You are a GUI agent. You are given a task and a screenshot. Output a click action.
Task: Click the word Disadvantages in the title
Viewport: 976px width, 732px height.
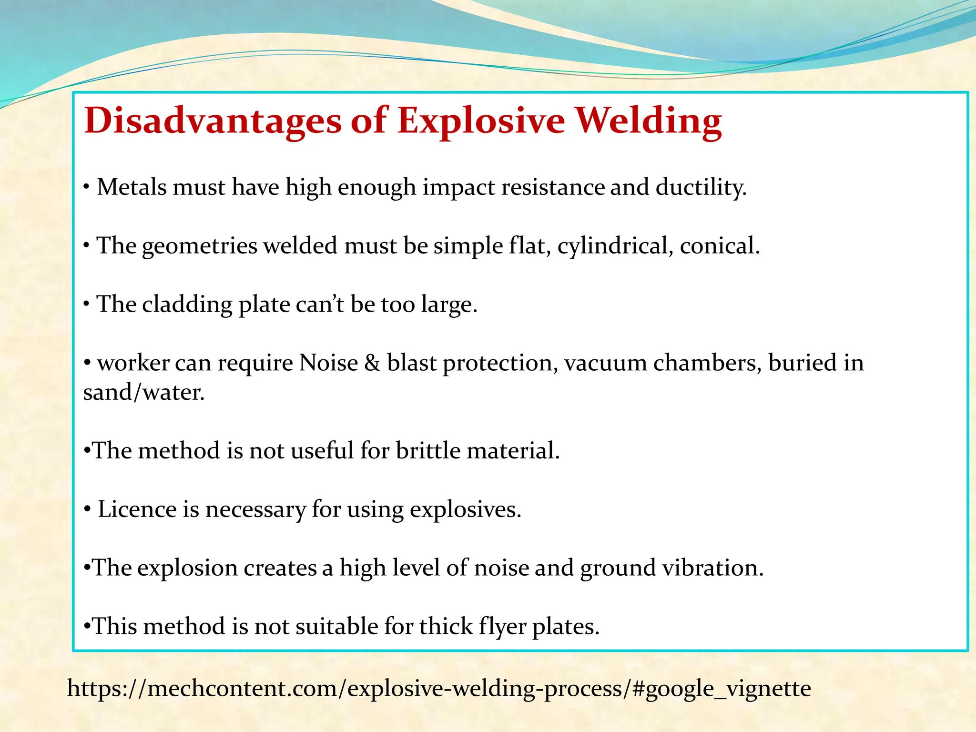point(213,121)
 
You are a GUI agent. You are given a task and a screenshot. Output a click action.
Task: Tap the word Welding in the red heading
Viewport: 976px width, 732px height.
point(649,121)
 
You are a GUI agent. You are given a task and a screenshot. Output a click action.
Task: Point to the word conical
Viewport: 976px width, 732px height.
point(719,246)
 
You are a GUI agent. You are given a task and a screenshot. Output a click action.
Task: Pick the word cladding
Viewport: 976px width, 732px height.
point(187,305)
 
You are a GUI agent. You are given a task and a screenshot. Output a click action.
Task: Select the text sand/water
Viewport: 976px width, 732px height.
point(143,392)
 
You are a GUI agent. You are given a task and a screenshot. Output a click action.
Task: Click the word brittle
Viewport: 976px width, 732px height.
point(427,450)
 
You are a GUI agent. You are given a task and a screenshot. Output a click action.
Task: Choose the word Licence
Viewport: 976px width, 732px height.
point(137,509)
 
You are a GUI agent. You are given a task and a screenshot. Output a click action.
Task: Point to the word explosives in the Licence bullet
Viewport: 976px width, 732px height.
point(465,509)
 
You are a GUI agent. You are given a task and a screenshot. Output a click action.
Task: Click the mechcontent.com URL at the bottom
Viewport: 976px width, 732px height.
point(438,688)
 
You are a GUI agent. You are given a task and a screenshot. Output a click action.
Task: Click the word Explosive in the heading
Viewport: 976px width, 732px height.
point(481,121)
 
